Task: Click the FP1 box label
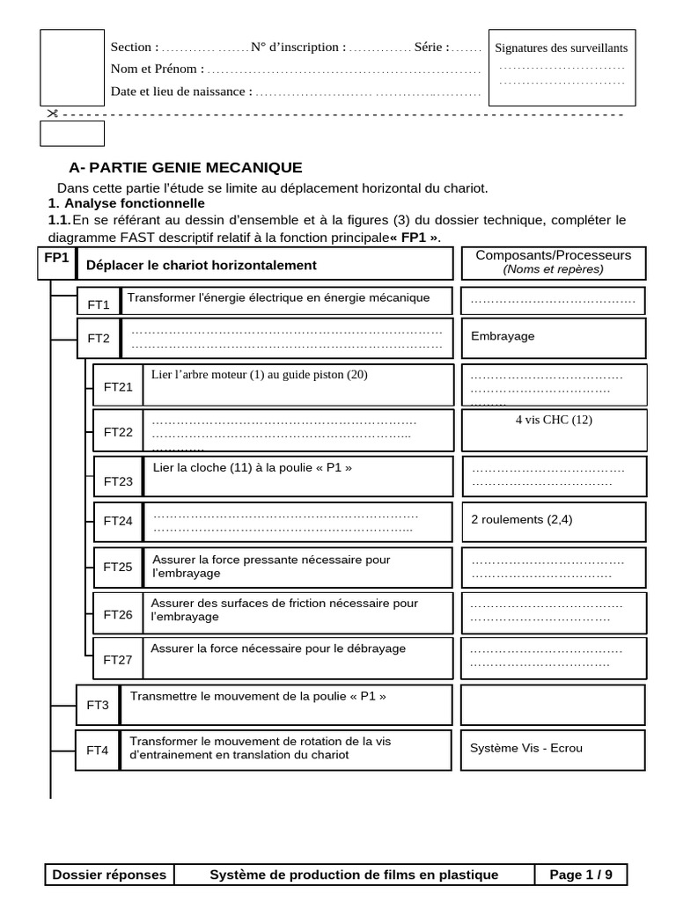click(55, 257)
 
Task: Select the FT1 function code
click(99, 305)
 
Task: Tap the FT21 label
click(118, 386)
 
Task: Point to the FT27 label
click(118, 659)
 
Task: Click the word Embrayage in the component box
click(503, 336)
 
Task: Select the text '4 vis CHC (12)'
click(554, 420)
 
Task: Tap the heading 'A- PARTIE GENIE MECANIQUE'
click(186, 167)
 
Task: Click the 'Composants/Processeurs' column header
click(553, 255)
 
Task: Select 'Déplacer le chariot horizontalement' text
click(201, 265)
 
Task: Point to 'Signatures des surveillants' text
click(562, 48)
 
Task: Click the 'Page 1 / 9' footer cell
click(581, 875)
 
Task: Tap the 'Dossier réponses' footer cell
click(109, 875)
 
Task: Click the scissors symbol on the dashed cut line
click(52, 113)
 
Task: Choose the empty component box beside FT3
click(553, 705)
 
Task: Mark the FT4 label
click(98, 751)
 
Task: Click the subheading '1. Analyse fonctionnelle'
click(126, 203)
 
